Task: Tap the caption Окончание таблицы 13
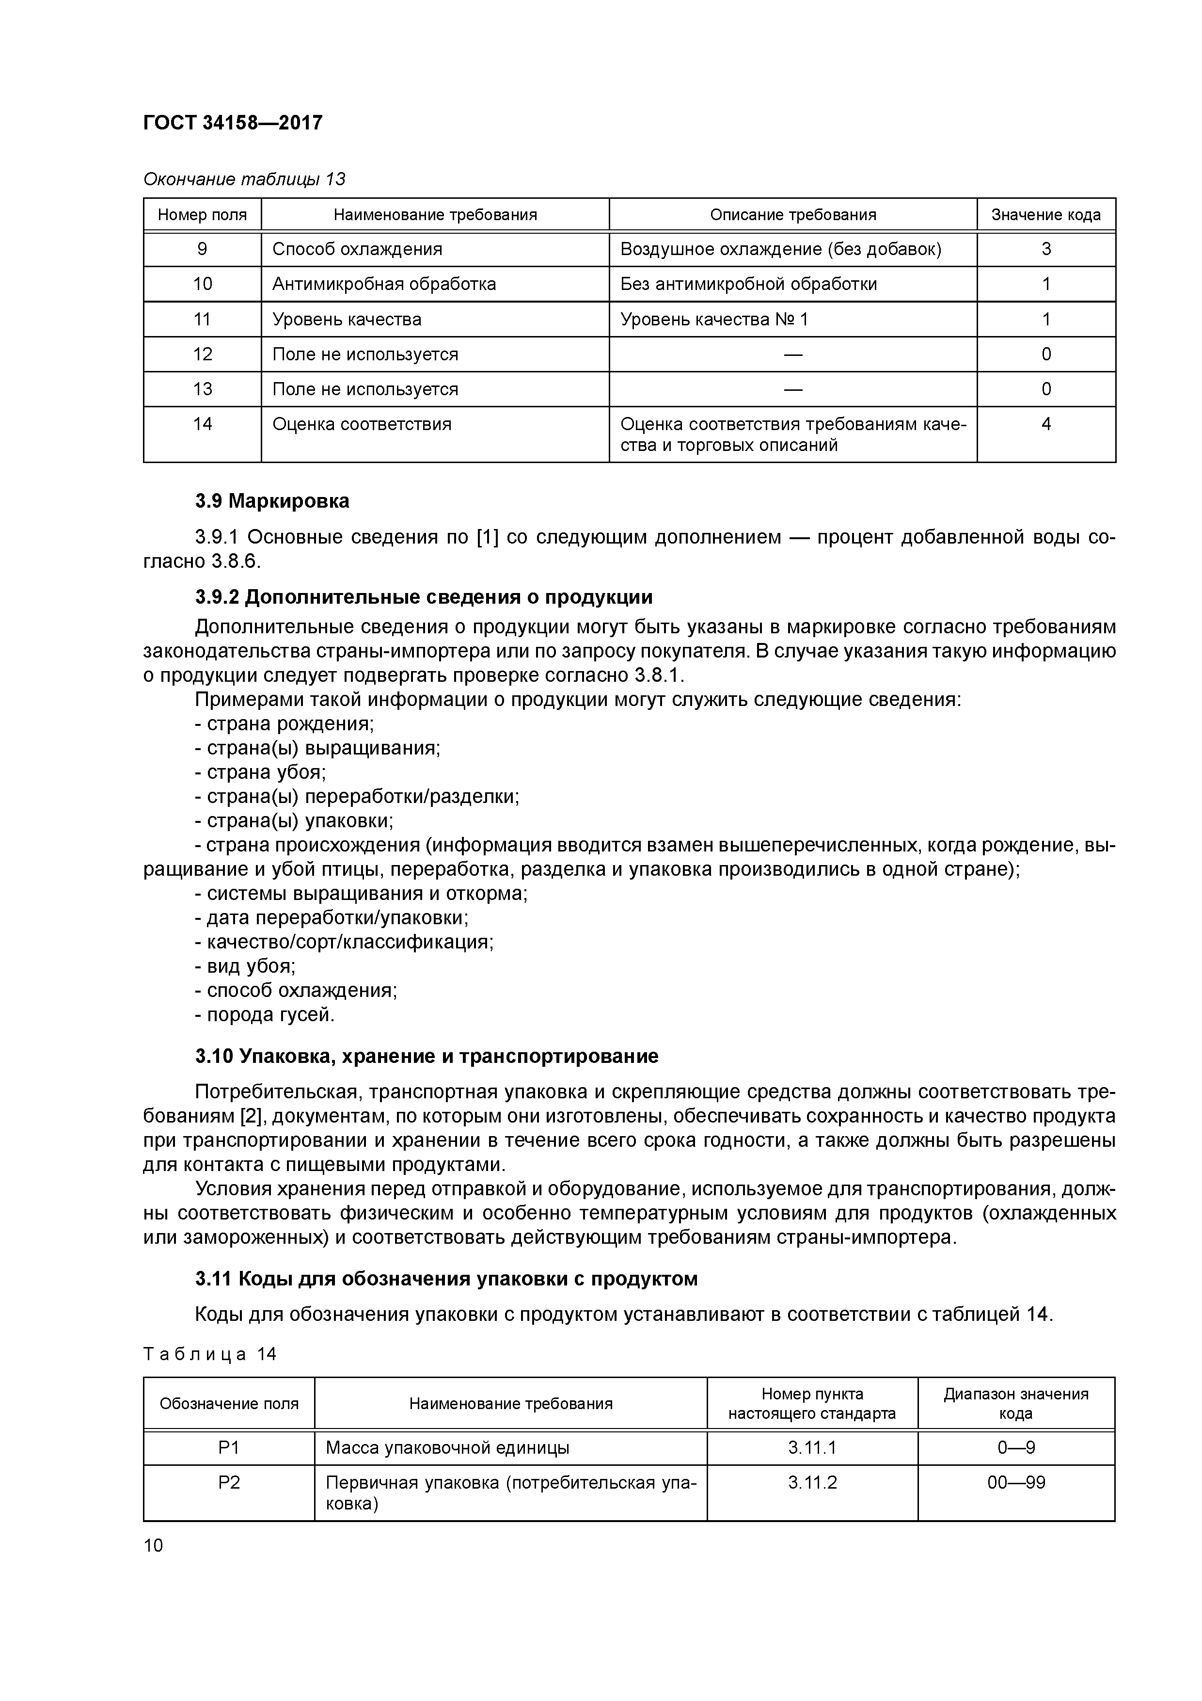point(244,179)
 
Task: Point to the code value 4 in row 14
point(1046,424)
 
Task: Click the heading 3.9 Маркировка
point(272,501)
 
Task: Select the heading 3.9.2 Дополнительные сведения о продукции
point(424,597)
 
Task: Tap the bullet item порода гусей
point(265,1015)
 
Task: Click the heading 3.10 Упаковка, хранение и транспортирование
point(427,1057)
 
